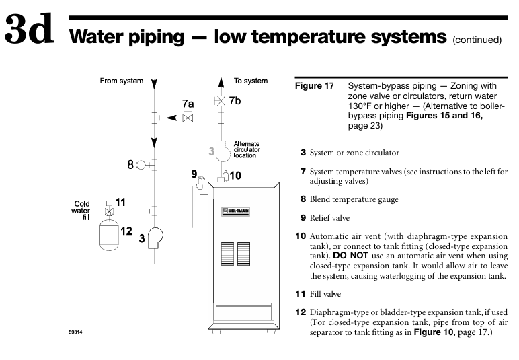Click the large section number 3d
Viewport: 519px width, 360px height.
tap(30, 31)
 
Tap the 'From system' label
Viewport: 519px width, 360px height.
tap(121, 81)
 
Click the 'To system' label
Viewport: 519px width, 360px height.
tap(251, 81)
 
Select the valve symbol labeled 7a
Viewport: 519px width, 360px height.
tap(188, 118)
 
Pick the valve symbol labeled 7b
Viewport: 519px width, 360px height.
tap(221, 102)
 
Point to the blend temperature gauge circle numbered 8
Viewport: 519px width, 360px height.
tap(141, 164)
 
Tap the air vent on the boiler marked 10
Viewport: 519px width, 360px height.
tap(223, 176)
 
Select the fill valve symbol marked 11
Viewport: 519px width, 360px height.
tap(110, 209)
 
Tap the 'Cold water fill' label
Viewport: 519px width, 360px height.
tap(82, 210)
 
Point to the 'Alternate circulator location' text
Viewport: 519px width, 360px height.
tap(246, 149)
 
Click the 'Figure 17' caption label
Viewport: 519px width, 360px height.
tap(314, 86)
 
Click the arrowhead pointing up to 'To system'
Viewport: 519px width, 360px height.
tap(221, 83)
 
